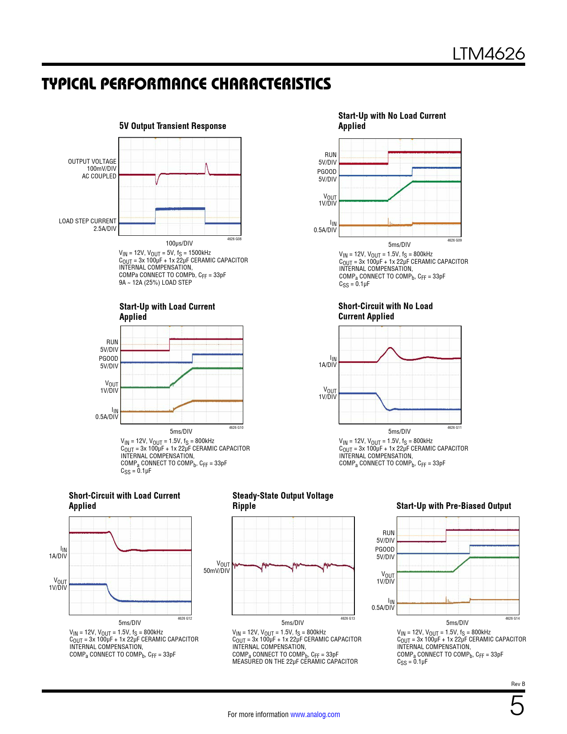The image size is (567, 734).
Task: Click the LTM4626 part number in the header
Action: click(488, 54)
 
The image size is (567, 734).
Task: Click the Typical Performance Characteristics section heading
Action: click(186, 84)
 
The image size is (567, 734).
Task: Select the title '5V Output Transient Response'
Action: click(173, 126)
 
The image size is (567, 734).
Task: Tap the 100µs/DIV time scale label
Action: click(179, 243)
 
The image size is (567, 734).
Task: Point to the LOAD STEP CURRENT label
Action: click(88, 221)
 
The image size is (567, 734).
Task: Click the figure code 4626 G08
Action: click(234, 239)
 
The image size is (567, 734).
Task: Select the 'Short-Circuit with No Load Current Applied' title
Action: click(385, 311)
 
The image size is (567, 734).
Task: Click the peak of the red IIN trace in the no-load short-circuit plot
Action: click(390, 348)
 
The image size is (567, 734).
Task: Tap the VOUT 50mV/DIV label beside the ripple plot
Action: click(217, 567)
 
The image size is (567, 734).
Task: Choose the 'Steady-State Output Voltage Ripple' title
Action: click(282, 500)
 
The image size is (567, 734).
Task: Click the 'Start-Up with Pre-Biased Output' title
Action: click(454, 506)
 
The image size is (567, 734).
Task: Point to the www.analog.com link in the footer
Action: click(315, 714)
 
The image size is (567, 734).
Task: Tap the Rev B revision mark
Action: click(518, 684)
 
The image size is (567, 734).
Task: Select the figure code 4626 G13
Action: click(348, 618)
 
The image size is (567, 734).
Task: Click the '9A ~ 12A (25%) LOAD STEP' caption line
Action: click(155, 282)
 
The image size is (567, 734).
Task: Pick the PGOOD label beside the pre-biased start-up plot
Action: click(385, 549)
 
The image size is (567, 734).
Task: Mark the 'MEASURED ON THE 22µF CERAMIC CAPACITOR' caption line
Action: click(295, 661)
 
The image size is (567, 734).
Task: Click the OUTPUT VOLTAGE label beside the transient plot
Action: click(92, 161)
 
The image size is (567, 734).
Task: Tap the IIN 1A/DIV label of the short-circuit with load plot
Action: click(58, 553)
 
